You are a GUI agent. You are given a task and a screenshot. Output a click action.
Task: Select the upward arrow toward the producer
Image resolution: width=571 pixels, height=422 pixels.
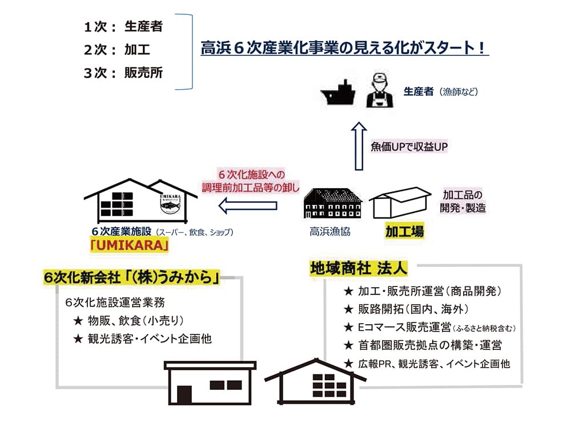click(358, 146)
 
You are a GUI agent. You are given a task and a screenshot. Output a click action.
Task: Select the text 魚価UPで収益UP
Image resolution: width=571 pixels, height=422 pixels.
click(409, 146)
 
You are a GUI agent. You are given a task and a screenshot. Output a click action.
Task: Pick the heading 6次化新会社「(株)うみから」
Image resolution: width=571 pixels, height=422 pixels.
click(132, 278)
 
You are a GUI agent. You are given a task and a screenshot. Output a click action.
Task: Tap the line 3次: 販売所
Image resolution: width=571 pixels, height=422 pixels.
click(123, 73)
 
